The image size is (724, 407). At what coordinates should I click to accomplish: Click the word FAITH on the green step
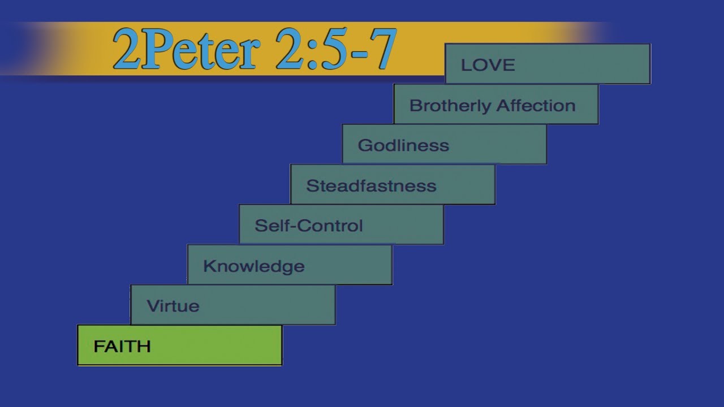(x=122, y=346)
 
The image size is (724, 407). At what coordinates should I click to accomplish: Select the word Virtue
(x=173, y=306)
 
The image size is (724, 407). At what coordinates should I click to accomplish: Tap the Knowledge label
(x=253, y=266)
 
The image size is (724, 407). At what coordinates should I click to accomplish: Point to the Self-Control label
(x=309, y=226)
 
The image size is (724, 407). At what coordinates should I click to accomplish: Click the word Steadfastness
(x=371, y=185)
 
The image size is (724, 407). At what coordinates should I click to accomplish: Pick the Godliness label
(x=403, y=145)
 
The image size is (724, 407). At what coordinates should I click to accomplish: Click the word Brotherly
(x=450, y=106)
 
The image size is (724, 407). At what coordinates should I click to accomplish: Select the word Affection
(x=536, y=105)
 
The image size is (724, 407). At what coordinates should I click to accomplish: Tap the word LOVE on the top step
(x=488, y=65)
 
